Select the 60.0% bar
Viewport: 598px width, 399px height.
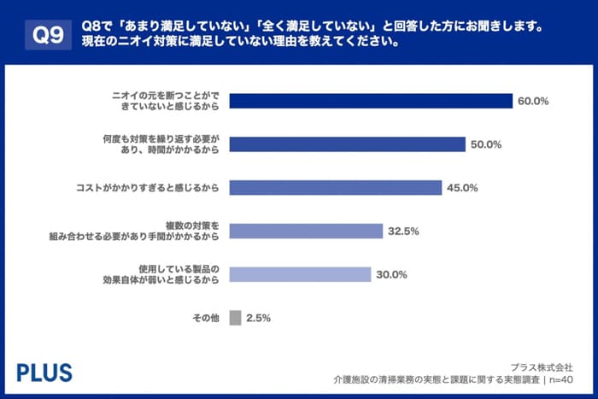371,101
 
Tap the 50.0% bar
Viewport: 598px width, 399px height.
348,144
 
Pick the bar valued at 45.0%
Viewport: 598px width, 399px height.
336,187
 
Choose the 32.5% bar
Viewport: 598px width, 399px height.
306,231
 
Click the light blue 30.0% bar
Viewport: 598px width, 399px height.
301,274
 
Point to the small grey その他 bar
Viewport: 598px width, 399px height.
235,318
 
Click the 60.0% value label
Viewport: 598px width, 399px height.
532,101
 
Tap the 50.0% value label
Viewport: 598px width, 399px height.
485,144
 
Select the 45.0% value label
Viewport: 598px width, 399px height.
461,188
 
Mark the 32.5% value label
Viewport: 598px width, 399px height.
402,231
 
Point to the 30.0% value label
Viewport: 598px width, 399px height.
391,274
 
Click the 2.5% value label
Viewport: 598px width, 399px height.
258,318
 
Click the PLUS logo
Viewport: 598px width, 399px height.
44,372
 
